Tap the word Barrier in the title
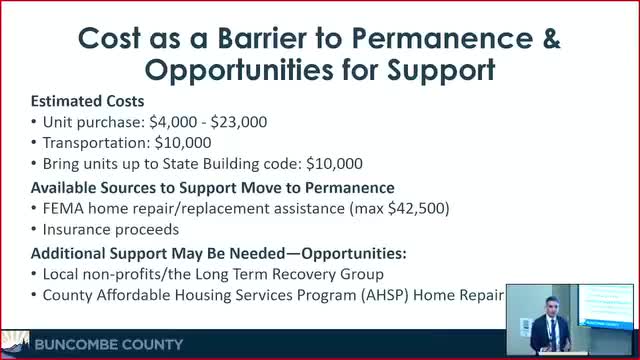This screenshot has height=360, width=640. tap(262, 38)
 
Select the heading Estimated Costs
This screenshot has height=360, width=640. tap(87, 101)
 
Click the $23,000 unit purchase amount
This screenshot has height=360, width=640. tap(239, 122)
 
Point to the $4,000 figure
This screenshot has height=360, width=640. tap(173, 122)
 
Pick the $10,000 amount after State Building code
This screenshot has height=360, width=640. tap(334, 164)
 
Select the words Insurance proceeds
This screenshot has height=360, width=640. tap(111, 229)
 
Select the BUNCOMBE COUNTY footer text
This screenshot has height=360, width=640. tap(109, 345)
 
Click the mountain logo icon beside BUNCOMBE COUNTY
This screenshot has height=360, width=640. tap(15, 343)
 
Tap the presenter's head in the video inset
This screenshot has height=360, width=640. tap(551, 306)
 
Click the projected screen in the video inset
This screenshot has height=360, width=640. tap(606, 306)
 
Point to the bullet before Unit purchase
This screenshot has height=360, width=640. tap(34, 122)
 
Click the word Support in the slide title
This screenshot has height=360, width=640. tap(441, 70)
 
